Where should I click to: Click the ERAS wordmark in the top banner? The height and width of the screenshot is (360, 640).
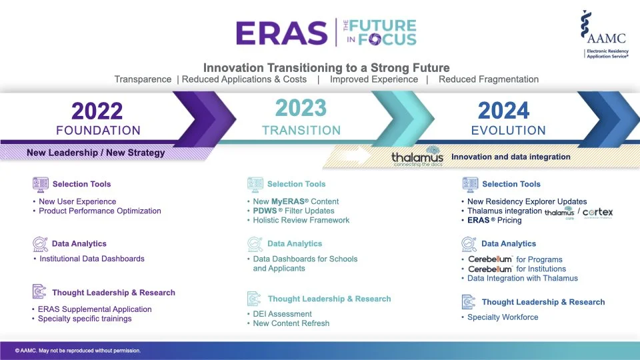(282, 32)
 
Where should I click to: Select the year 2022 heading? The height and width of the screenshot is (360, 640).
(97, 111)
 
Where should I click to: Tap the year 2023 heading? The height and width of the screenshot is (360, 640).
(301, 107)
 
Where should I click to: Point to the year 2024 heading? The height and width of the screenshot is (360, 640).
(504, 111)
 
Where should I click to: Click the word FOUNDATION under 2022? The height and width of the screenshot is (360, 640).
(98, 131)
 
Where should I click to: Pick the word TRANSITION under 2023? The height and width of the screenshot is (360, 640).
(301, 131)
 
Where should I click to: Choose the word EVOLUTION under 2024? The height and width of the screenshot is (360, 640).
(508, 131)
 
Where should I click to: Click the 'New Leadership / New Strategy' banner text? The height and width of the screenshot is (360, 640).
(95, 153)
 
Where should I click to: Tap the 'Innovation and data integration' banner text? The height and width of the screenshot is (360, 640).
(511, 157)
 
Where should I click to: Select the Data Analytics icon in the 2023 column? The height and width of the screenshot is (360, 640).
(255, 244)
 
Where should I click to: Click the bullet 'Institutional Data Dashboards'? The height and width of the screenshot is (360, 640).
(91, 259)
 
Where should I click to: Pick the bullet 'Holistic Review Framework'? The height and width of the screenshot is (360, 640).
(301, 220)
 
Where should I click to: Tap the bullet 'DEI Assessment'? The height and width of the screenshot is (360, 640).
(282, 314)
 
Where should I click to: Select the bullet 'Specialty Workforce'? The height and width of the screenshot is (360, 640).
(502, 317)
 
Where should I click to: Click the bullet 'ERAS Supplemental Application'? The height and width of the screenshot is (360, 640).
(95, 309)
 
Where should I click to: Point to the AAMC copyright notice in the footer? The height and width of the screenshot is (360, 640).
(78, 350)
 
